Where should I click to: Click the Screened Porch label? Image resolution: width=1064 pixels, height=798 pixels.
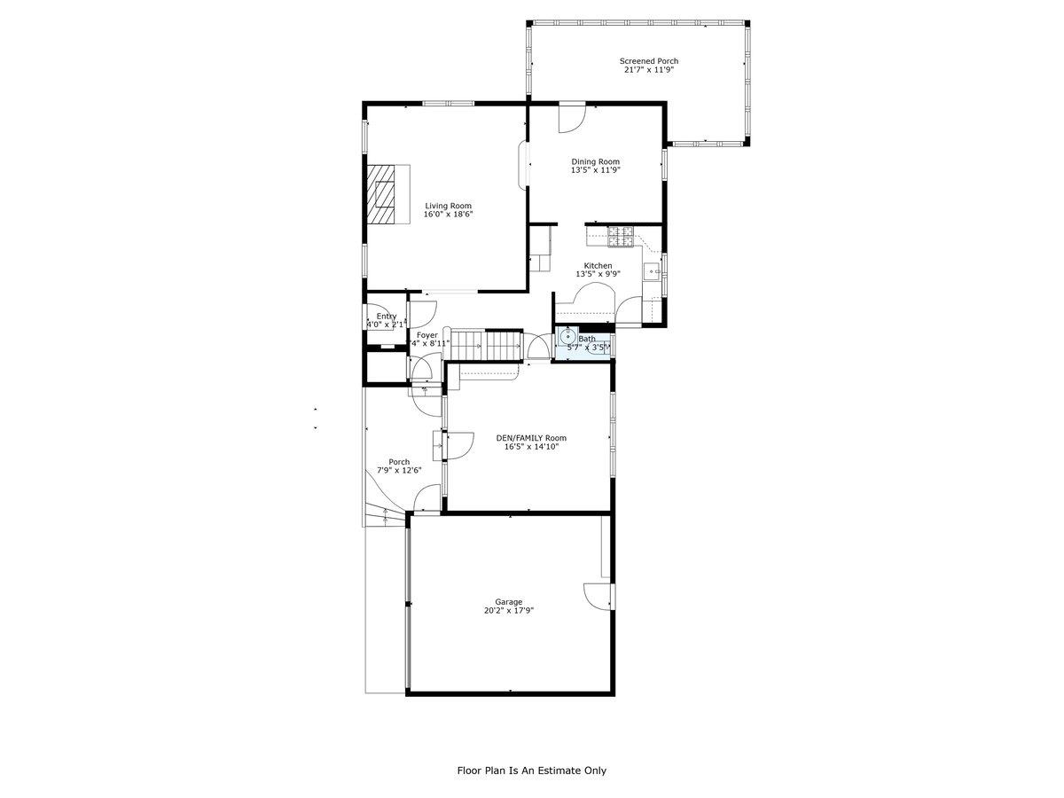[649, 61]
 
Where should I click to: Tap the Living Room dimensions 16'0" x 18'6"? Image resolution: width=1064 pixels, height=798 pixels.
[448, 214]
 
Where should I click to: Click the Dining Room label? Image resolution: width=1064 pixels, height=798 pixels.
[595, 161]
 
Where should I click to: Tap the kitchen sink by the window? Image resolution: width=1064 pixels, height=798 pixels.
[652, 272]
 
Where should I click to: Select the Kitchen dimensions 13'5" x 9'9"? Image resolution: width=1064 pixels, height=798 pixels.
[598, 275]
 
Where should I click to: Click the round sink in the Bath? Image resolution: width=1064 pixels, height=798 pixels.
[567, 338]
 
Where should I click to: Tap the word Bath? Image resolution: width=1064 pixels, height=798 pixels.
[587, 339]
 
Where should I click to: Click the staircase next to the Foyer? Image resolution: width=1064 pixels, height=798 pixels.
[484, 344]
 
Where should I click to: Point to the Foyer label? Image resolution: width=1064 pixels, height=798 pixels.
[427, 335]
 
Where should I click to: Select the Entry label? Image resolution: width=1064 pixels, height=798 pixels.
[386, 317]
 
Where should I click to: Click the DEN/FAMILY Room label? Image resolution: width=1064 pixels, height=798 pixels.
[531, 438]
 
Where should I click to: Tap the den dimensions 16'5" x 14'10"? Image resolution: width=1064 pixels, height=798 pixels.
[531, 447]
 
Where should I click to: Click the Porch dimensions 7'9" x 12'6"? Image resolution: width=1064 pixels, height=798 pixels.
[399, 471]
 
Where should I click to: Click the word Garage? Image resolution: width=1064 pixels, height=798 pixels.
[509, 601]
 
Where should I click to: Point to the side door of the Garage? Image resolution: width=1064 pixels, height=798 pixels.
[598, 596]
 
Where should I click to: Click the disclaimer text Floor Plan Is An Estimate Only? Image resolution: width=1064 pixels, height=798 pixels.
[532, 771]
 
